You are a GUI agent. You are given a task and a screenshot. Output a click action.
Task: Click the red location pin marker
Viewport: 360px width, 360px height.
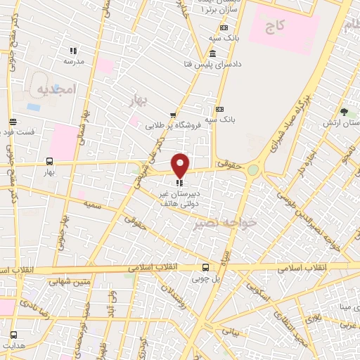(181, 165)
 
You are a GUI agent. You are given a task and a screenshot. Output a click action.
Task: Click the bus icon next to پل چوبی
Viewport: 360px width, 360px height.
(205, 267)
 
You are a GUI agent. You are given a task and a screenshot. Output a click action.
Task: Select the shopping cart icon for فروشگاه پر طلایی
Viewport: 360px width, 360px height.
(173, 115)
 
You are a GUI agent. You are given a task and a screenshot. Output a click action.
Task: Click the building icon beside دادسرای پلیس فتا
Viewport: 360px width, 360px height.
(212, 55)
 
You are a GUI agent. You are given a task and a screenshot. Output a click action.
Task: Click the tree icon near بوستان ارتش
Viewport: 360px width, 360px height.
(344, 112)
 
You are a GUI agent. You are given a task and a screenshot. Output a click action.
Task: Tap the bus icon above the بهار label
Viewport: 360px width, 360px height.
(49, 160)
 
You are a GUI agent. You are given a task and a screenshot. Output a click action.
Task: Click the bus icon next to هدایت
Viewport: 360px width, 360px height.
(13, 334)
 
